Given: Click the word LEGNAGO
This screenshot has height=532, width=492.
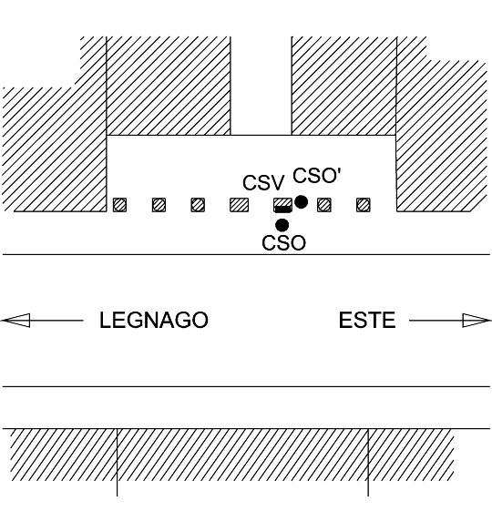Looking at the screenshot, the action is coord(154,320).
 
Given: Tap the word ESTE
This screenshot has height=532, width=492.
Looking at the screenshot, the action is coord(367,320).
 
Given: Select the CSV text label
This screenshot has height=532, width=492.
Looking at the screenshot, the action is coord(263,182).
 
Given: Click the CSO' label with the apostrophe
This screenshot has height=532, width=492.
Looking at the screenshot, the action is coord(316,176).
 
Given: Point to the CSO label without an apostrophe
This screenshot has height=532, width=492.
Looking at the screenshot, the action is coord(283,243).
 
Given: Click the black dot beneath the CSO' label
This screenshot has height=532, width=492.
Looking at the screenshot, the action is coord(301,202).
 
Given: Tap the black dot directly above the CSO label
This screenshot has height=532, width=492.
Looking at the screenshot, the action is coord(282,225).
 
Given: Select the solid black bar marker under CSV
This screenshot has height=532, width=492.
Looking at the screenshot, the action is coord(283,209).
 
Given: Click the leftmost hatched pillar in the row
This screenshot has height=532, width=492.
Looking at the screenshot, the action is coord(119,205).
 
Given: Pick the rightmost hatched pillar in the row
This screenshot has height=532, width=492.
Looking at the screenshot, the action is coord(364,205).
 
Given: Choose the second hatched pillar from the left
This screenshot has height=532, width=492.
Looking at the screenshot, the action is coord(159,205).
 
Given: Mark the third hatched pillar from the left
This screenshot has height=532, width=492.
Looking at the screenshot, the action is coord(198,205).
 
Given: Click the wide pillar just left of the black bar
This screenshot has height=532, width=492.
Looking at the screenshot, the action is coord(240,205).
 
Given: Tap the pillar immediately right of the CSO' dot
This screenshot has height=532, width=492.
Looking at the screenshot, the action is coord(324,205).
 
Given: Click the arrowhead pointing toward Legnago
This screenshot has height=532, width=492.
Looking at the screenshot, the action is coord(16,321).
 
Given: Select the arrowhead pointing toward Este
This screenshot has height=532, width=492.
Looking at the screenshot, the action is coord(477,321).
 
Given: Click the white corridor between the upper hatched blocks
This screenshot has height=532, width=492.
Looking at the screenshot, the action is coord(261,86).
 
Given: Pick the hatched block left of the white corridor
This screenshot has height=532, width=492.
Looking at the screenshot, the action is coord(169,86).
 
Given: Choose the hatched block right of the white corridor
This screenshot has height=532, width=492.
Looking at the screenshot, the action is coord(344,86).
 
